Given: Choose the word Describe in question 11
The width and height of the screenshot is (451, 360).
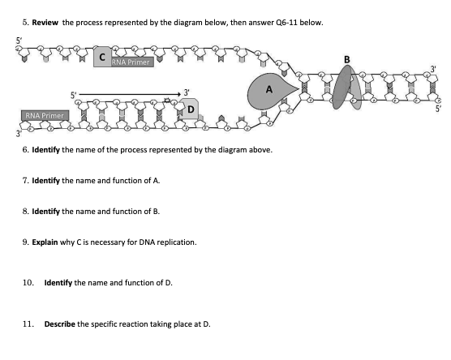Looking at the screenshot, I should click(x=59, y=323).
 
